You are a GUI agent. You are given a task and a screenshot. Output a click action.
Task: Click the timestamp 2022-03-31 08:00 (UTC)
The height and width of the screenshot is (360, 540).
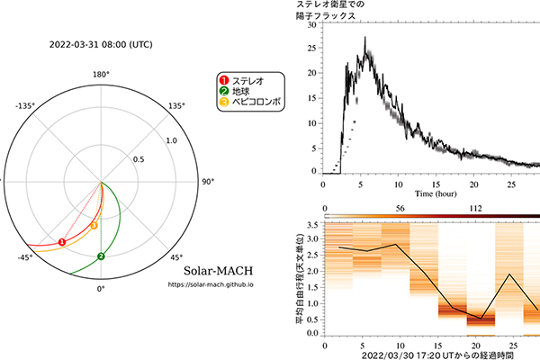101,42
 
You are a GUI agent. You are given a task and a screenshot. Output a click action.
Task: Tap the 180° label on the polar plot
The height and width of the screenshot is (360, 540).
101,75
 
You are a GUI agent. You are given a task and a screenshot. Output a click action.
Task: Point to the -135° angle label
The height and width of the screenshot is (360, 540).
25,106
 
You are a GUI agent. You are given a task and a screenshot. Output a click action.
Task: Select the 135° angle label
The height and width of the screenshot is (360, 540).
176,106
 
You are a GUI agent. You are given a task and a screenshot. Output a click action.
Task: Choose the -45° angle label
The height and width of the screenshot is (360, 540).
23,257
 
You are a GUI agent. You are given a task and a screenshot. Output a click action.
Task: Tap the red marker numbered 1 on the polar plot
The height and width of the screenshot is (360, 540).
61,242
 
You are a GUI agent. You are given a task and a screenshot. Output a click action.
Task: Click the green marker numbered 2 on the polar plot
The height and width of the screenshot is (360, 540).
101,256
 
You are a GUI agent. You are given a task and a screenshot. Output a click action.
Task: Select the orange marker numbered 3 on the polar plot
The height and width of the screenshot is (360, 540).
94,225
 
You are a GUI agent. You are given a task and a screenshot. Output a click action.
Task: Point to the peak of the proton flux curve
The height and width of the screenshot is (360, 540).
365,38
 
